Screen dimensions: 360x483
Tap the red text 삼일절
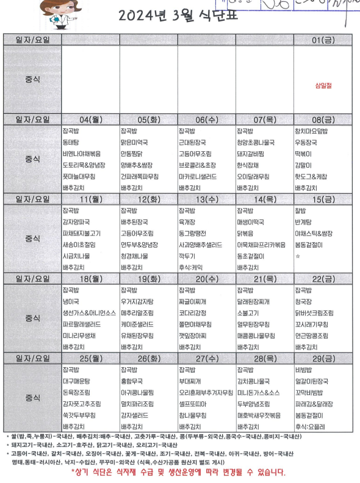point(323,86)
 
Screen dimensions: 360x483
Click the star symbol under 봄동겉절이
point(298,256)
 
